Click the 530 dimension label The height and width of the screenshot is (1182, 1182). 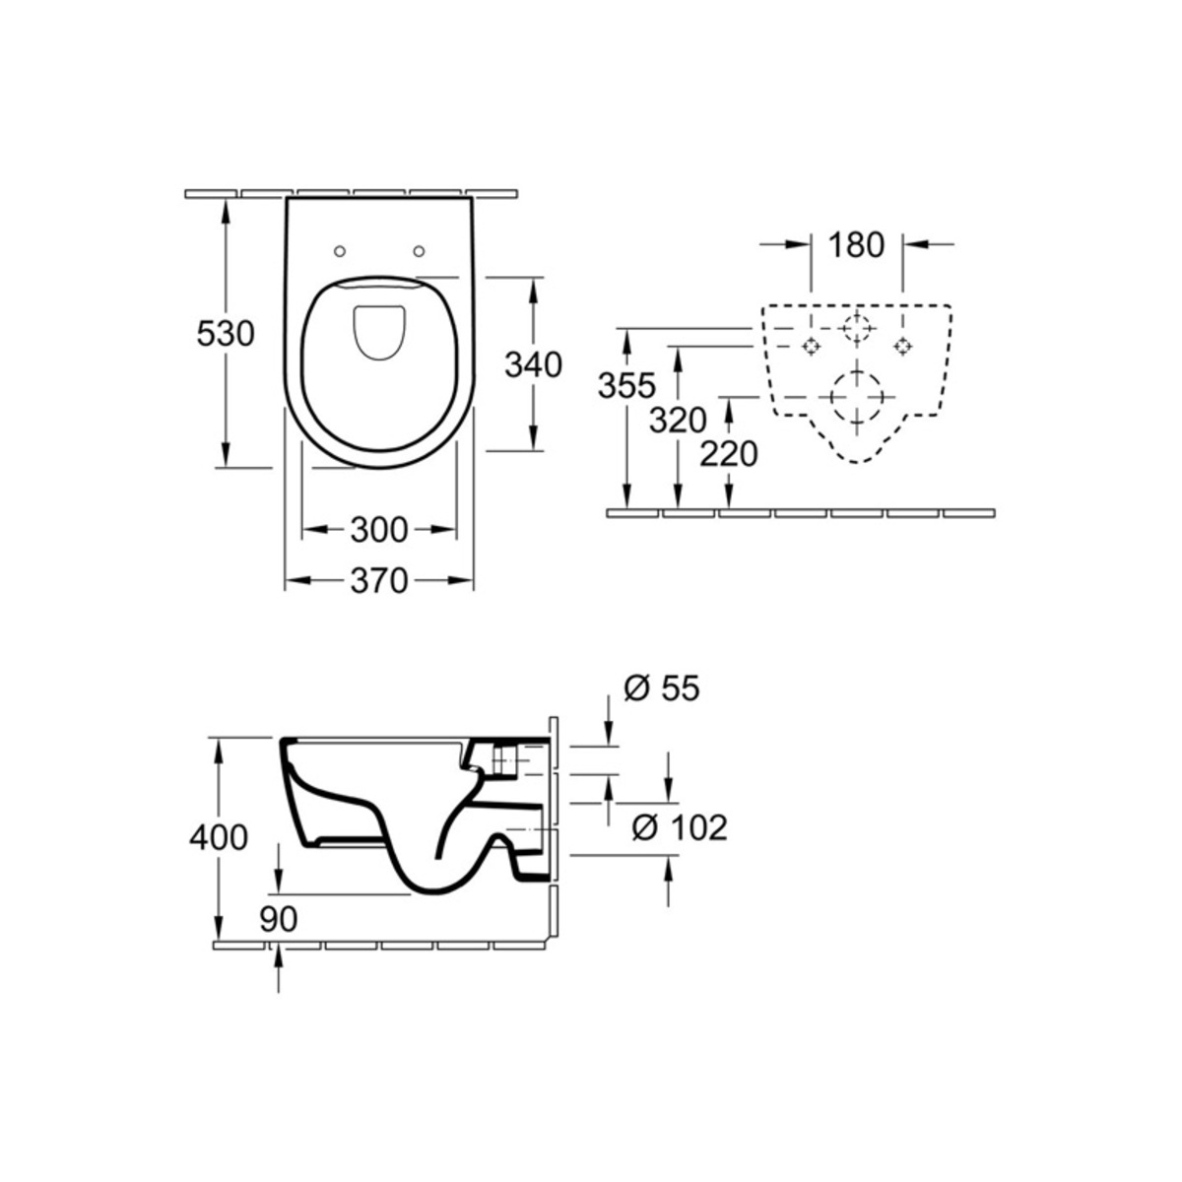click(x=226, y=334)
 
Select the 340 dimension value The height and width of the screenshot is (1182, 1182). click(x=533, y=365)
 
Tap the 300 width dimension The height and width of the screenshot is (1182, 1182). click(x=378, y=529)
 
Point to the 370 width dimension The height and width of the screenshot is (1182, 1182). click(x=378, y=580)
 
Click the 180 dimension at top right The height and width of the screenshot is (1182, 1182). click(x=856, y=244)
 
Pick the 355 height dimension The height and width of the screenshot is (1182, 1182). click(x=626, y=386)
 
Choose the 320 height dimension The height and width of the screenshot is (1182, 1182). click(x=678, y=421)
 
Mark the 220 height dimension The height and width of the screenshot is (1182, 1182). click(x=729, y=454)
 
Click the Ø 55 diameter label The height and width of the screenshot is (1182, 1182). click(x=661, y=689)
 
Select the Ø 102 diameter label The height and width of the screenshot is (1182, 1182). click(x=679, y=827)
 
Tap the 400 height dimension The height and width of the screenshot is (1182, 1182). click(x=219, y=837)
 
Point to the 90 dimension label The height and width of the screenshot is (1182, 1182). click(x=278, y=919)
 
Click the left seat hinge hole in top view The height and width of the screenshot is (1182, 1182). click(x=340, y=251)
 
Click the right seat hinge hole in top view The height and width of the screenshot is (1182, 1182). click(x=419, y=251)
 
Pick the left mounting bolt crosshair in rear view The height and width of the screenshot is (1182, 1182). click(x=811, y=347)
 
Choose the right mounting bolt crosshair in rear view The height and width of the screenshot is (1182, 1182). click(x=901, y=347)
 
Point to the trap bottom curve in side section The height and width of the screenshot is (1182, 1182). click(x=439, y=890)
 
